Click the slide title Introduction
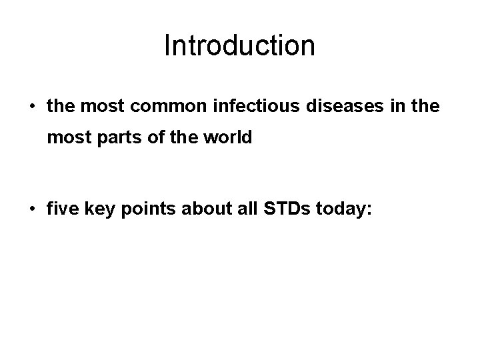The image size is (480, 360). coord(239,46)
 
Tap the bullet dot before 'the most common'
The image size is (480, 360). coord(31,107)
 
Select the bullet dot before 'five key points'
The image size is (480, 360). coord(31,209)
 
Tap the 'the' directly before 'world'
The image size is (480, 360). coord(181,137)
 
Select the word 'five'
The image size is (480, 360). coord(62,209)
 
